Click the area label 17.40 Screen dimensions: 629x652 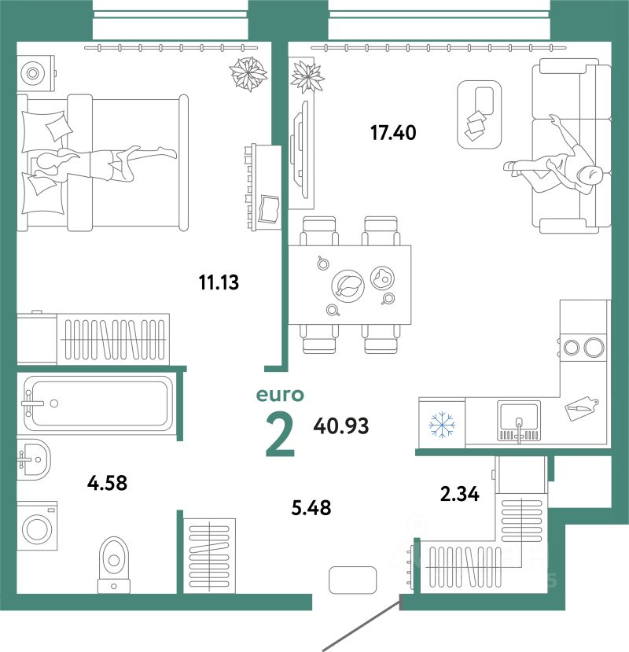coord(393,133)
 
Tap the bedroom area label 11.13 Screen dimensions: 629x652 coord(219,281)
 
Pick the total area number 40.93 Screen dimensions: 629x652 coord(341,426)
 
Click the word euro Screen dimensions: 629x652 coord(281,395)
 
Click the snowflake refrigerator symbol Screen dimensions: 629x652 coord(442,425)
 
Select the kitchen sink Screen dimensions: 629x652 coord(518,418)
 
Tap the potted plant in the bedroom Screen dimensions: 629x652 coord(247,74)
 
